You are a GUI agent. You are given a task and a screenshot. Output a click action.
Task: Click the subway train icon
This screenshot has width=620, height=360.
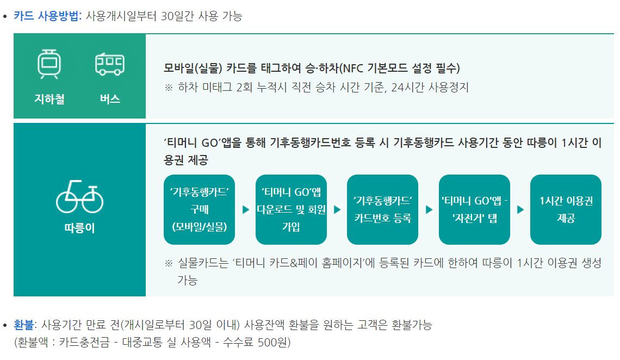(49, 64)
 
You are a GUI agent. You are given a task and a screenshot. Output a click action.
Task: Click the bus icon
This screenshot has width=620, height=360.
(109, 64)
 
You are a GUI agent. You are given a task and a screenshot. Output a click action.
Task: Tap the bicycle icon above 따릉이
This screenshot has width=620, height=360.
(79, 198)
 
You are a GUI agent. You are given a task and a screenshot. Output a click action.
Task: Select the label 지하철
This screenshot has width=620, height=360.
(49, 99)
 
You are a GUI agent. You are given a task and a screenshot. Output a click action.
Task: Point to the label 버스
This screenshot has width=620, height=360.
(110, 99)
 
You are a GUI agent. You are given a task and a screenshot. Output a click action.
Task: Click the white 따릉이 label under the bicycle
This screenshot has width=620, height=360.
(79, 228)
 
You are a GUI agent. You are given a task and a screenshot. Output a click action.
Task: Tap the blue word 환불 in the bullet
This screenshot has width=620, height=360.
(23, 325)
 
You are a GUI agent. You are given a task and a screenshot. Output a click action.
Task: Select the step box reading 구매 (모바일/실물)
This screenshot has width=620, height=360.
(199, 209)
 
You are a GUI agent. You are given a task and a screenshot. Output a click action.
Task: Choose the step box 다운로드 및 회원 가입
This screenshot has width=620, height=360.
(291, 209)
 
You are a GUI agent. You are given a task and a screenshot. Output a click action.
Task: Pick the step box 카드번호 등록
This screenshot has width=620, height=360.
(382, 209)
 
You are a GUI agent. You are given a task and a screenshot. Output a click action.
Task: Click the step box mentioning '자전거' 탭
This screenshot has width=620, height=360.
(474, 209)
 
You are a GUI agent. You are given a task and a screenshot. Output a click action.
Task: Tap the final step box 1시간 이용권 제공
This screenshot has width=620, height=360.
(566, 209)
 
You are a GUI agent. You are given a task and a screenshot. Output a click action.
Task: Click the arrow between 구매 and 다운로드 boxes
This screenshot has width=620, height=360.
(245, 209)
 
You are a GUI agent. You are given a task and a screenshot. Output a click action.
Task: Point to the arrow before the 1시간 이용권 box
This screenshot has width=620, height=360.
(520, 209)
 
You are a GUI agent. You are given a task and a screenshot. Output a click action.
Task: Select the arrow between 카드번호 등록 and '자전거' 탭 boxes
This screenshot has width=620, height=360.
(429, 209)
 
